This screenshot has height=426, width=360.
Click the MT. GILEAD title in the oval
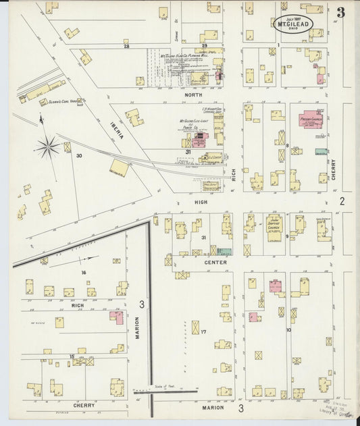click(x=294, y=23)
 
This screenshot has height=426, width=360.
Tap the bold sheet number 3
click(x=340, y=12)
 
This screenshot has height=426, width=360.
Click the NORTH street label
click(x=194, y=95)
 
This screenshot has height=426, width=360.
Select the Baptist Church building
click(x=274, y=233)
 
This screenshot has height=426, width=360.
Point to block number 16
click(x=84, y=272)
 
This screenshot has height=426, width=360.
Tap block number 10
click(x=288, y=330)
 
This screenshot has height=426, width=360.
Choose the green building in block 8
click(x=322, y=152)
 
